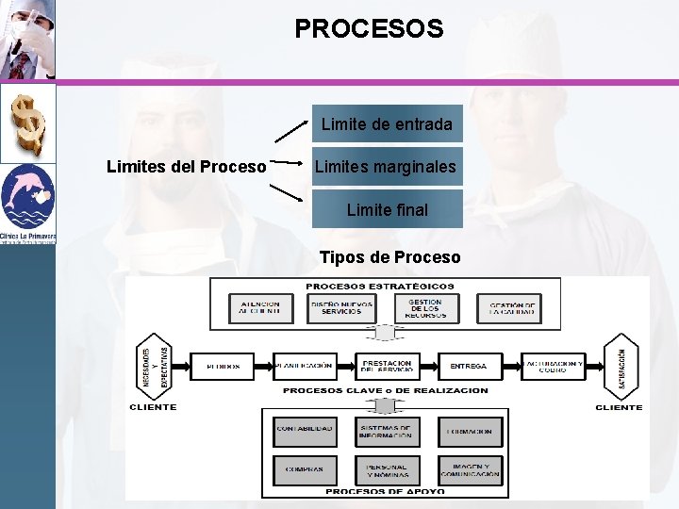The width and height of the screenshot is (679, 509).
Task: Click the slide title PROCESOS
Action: pos(369,29)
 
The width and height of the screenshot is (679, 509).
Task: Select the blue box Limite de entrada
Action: pos(387,124)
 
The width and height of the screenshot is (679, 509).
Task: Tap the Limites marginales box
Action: pos(387,167)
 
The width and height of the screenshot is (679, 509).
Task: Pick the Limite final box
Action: pos(387,209)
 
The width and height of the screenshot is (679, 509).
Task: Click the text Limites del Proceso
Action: pos(186,167)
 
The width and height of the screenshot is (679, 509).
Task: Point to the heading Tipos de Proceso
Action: pos(389,257)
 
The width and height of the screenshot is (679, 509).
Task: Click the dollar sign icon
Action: pos(27,123)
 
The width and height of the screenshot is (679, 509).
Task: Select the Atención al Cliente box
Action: pos(259,307)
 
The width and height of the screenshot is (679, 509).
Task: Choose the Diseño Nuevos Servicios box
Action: pos(340,307)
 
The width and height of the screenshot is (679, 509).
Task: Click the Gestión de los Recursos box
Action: pos(425,307)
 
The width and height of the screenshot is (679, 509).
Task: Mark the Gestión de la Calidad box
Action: pos(512,307)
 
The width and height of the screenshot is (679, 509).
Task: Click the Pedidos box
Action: pos(223,366)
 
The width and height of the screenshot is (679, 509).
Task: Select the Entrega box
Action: pos(469,366)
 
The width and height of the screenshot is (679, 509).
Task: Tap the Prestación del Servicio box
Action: pos(387,366)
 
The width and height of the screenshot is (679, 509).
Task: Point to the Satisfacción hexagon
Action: pos(621,366)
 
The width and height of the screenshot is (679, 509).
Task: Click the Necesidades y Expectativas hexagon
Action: pos(155,366)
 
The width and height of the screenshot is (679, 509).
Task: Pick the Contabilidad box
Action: pos(304,431)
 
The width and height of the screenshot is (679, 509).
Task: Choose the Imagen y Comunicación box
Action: pos(470,468)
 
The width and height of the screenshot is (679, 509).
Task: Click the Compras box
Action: pos(304,468)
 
